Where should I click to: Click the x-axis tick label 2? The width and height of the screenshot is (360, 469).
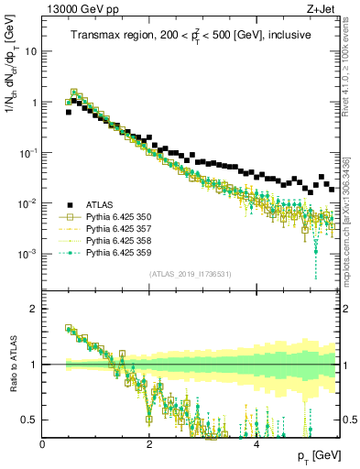(x=149, y=443)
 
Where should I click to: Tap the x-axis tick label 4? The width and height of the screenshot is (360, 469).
(x=256, y=443)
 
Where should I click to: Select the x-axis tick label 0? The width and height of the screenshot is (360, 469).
(x=43, y=443)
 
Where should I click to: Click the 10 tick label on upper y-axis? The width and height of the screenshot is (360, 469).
(x=30, y=52)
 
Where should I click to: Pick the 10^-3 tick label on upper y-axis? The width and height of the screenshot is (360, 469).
(x=27, y=254)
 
